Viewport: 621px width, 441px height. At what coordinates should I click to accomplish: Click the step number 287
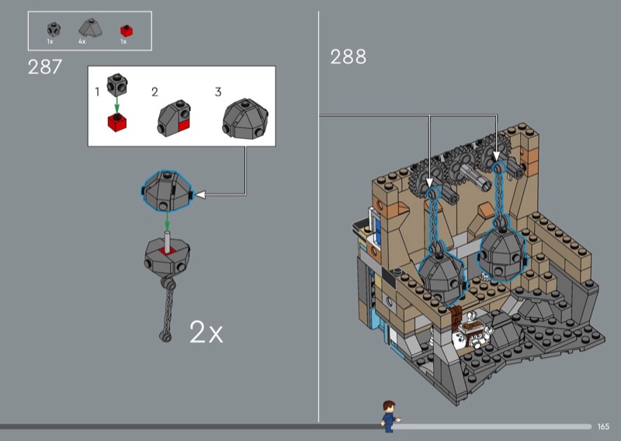pos(45,67)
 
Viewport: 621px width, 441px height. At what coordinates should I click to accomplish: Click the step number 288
pos(348,57)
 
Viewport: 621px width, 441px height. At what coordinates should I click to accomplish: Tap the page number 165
pos(603,426)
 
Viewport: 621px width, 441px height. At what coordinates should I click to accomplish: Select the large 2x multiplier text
pos(206,332)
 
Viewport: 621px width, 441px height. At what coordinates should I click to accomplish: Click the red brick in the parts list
pos(127,30)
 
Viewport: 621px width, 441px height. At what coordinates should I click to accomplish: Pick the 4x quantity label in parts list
pos(82,41)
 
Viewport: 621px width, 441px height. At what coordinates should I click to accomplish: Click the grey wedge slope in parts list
pos(90,28)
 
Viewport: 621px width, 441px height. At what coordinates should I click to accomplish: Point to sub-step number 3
pos(218,92)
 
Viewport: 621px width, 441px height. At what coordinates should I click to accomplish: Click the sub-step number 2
pos(154,92)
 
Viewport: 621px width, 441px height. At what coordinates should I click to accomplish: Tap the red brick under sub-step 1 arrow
pos(117,123)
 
